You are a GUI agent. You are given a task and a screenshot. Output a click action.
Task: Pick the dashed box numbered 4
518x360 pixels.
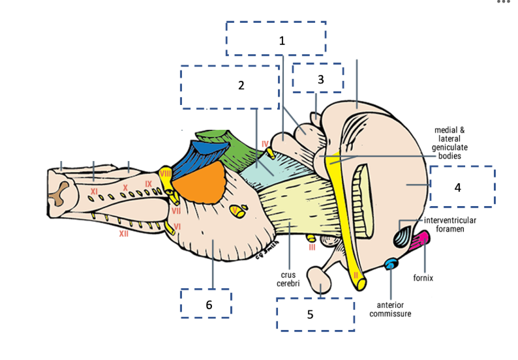click(x=462, y=186)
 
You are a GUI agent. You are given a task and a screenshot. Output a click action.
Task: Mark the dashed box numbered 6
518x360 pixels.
click(x=206, y=303)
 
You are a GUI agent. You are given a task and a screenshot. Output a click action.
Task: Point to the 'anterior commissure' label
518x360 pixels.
click(x=390, y=308)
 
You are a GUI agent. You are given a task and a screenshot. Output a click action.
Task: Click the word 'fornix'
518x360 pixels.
click(x=423, y=278)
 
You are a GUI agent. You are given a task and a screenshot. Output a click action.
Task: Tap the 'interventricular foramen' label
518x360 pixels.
click(x=449, y=224)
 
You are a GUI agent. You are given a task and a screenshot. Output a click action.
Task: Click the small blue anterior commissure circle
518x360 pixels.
click(x=391, y=263)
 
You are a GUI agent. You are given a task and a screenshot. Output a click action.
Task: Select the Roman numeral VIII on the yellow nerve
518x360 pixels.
click(x=165, y=174)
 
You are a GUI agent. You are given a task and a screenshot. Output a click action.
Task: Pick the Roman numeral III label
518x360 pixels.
click(x=312, y=247)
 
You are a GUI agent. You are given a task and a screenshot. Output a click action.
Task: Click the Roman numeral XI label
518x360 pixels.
click(x=94, y=191)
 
